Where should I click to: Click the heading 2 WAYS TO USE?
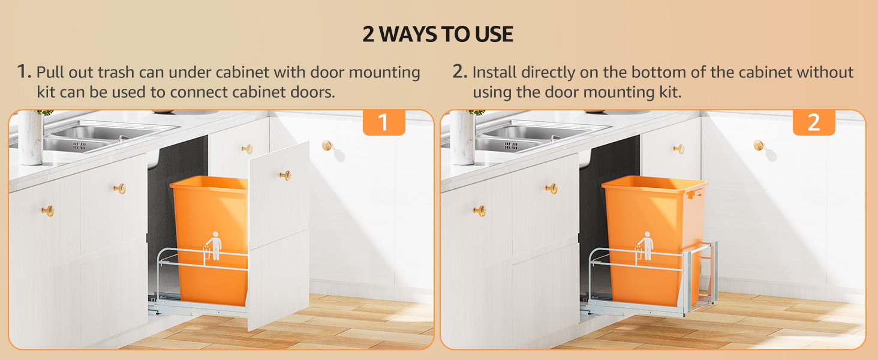(438, 34)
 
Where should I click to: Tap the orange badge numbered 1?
(384, 122)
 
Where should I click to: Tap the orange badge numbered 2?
(814, 122)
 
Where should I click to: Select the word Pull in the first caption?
(50, 73)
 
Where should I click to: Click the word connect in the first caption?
(199, 93)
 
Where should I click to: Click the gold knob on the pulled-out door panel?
(285, 175)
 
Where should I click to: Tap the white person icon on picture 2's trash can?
(645, 246)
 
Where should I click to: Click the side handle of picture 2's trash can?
(696, 193)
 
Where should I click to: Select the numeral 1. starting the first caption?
(24, 72)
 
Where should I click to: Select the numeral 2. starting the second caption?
(459, 72)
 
